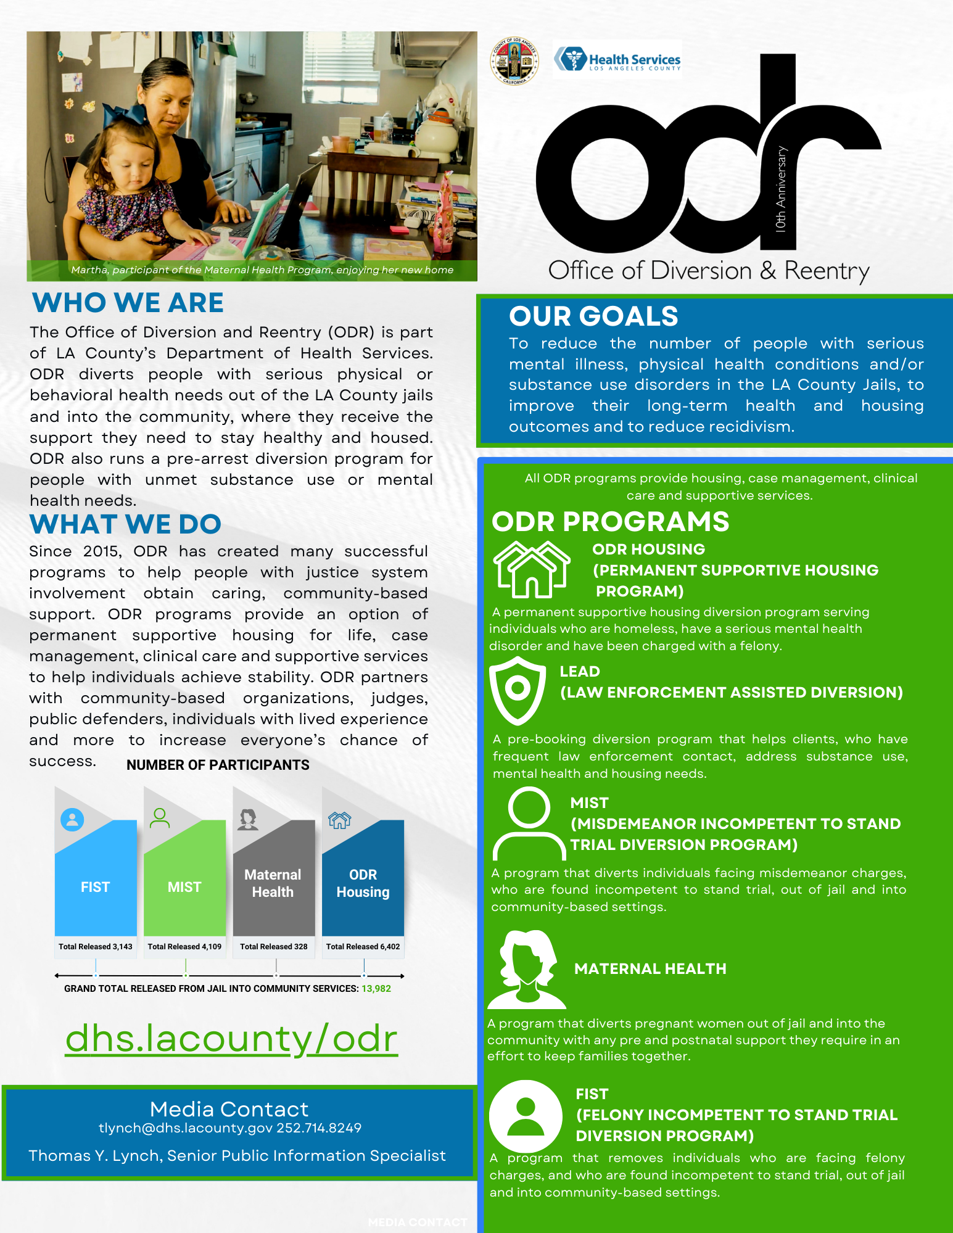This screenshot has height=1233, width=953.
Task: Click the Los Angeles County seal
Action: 514,61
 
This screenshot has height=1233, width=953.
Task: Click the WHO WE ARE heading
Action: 128,303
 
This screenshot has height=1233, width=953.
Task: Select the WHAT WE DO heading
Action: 125,524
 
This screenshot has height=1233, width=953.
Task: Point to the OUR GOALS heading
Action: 593,316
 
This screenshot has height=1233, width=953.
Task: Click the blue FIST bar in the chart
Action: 96,886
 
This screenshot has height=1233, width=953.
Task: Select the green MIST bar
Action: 184,886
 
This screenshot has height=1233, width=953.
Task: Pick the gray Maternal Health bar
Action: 273,883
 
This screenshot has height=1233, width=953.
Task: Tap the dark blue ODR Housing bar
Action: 363,883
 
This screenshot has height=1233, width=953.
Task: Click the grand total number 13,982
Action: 376,988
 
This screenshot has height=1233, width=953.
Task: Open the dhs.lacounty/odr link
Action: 231,1039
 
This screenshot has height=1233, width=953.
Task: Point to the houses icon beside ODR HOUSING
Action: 531,569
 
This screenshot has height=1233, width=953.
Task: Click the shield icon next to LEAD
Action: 517,690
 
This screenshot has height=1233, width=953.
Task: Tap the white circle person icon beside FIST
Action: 526,1116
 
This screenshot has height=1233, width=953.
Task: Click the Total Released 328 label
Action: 274,946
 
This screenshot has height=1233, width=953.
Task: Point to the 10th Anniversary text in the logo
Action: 782,189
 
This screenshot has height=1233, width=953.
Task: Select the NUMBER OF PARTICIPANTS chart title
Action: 218,765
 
